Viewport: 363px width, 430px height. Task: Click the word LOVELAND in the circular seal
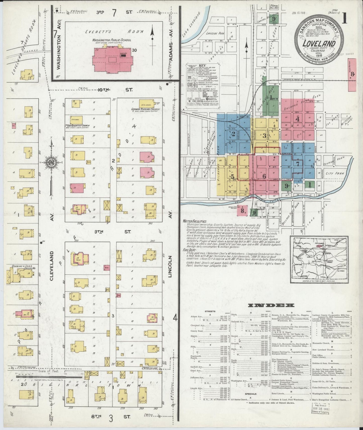click(320, 43)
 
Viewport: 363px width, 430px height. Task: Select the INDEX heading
click(271, 305)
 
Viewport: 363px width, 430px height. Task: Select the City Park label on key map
click(333, 173)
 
